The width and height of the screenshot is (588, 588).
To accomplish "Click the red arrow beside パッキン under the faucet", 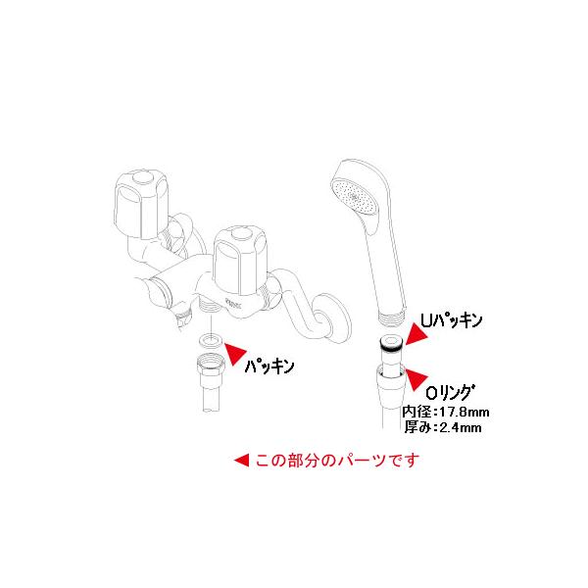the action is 236,349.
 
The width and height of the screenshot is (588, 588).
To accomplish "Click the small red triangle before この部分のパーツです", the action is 240,460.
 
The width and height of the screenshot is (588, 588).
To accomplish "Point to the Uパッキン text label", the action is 454,320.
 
